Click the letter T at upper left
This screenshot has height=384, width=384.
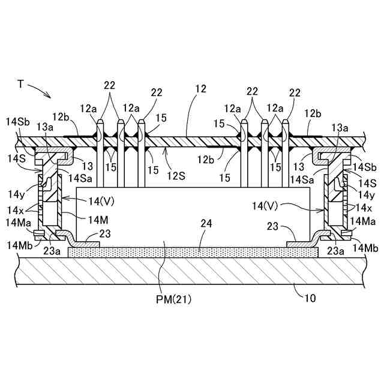coord(21,84)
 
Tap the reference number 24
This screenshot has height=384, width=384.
coord(206,224)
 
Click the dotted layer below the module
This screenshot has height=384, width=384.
coord(193,252)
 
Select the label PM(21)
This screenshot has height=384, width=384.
coord(173,299)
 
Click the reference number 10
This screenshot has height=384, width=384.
coord(310,298)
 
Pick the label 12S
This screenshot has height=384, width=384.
coord(176,176)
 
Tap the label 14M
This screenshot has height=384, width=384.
coord(98,220)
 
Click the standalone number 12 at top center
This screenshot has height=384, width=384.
coord(201,89)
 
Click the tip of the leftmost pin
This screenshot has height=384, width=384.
coord(100,120)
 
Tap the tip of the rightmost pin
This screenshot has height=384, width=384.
coord(286,120)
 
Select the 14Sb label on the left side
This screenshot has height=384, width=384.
coord(17,122)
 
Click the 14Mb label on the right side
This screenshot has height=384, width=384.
coord(365,248)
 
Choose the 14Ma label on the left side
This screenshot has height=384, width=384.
coord(19,223)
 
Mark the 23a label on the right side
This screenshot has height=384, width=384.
coord(335,251)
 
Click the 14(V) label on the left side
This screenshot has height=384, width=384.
coord(101,202)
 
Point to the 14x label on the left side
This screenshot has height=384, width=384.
coord(16,210)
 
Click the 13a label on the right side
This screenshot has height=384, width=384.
coord(340,128)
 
